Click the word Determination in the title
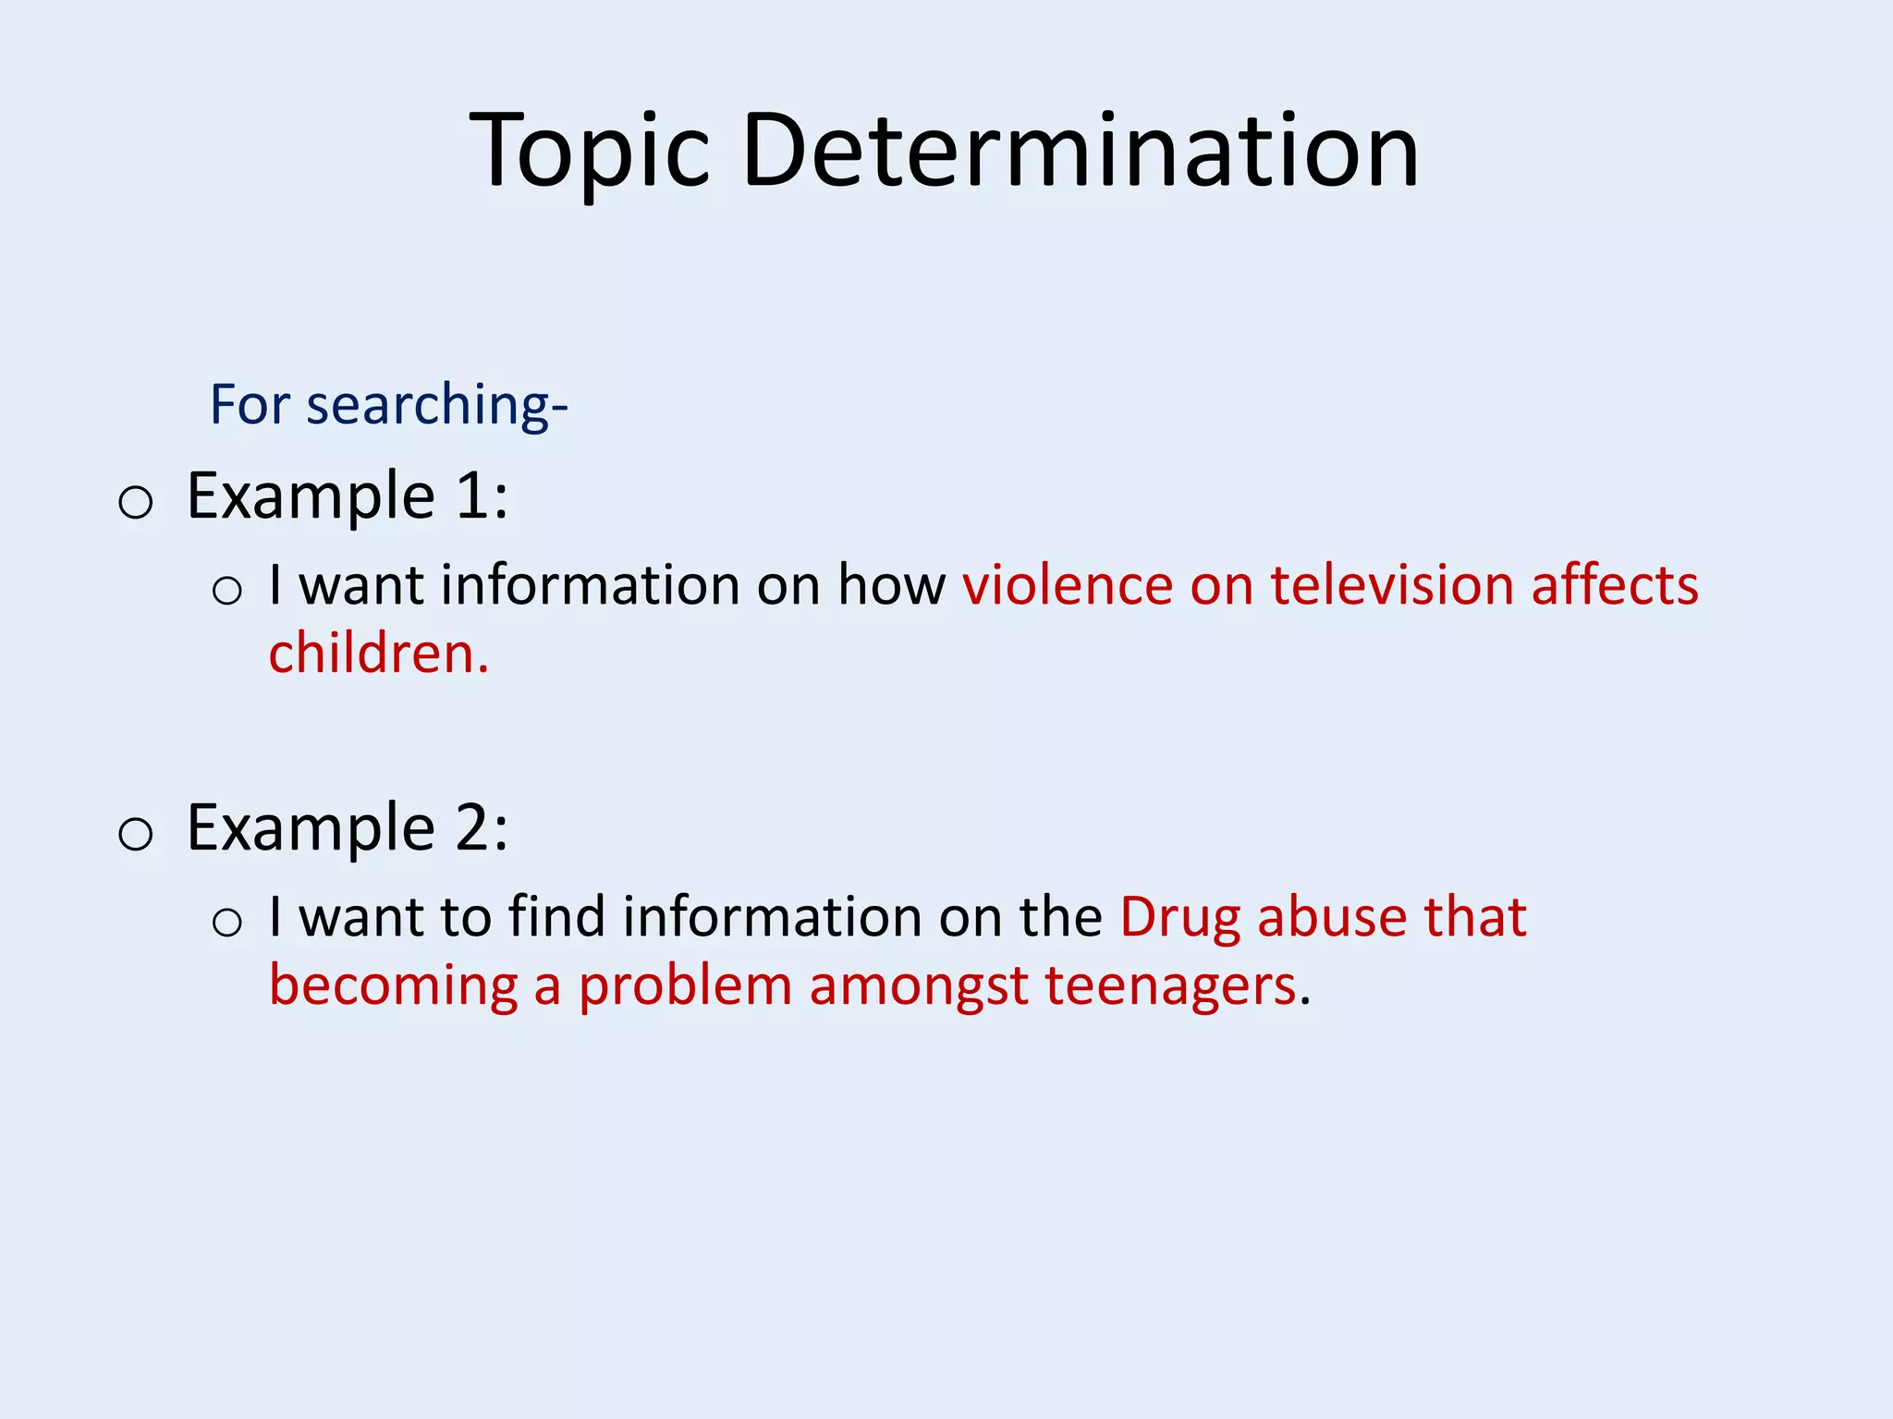point(1079,151)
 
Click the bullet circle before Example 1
point(136,503)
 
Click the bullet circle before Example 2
point(136,835)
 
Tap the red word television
point(1392,585)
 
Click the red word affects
point(1614,585)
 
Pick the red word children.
point(377,654)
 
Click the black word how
point(891,585)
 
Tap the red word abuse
point(1331,917)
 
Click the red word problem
point(685,985)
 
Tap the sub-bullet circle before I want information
point(227,591)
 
